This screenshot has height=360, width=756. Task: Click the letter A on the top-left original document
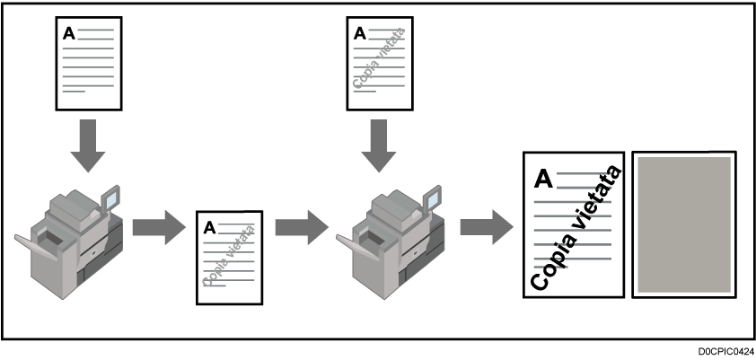(x=69, y=33)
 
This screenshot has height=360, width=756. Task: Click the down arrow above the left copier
(x=88, y=145)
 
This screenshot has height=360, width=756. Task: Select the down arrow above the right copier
(x=379, y=145)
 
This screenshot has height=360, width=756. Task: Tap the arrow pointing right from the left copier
(x=159, y=227)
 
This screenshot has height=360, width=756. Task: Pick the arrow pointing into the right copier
(x=302, y=227)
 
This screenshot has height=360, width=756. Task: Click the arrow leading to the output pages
(x=487, y=227)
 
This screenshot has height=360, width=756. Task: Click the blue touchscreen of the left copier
(x=111, y=198)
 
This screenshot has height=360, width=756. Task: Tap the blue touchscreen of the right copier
(x=433, y=198)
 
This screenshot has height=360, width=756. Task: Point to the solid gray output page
(x=684, y=224)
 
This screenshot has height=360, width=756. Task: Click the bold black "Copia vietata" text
(x=576, y=228)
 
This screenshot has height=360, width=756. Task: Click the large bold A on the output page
(x=543, y=179)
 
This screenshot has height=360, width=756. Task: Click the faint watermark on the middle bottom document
(x=230, y=257)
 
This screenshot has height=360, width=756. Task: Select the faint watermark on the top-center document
(x=379, y=58)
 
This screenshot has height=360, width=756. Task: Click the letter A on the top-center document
(x=360, y=33)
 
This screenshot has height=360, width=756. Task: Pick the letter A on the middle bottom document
(x=209, y=227)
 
